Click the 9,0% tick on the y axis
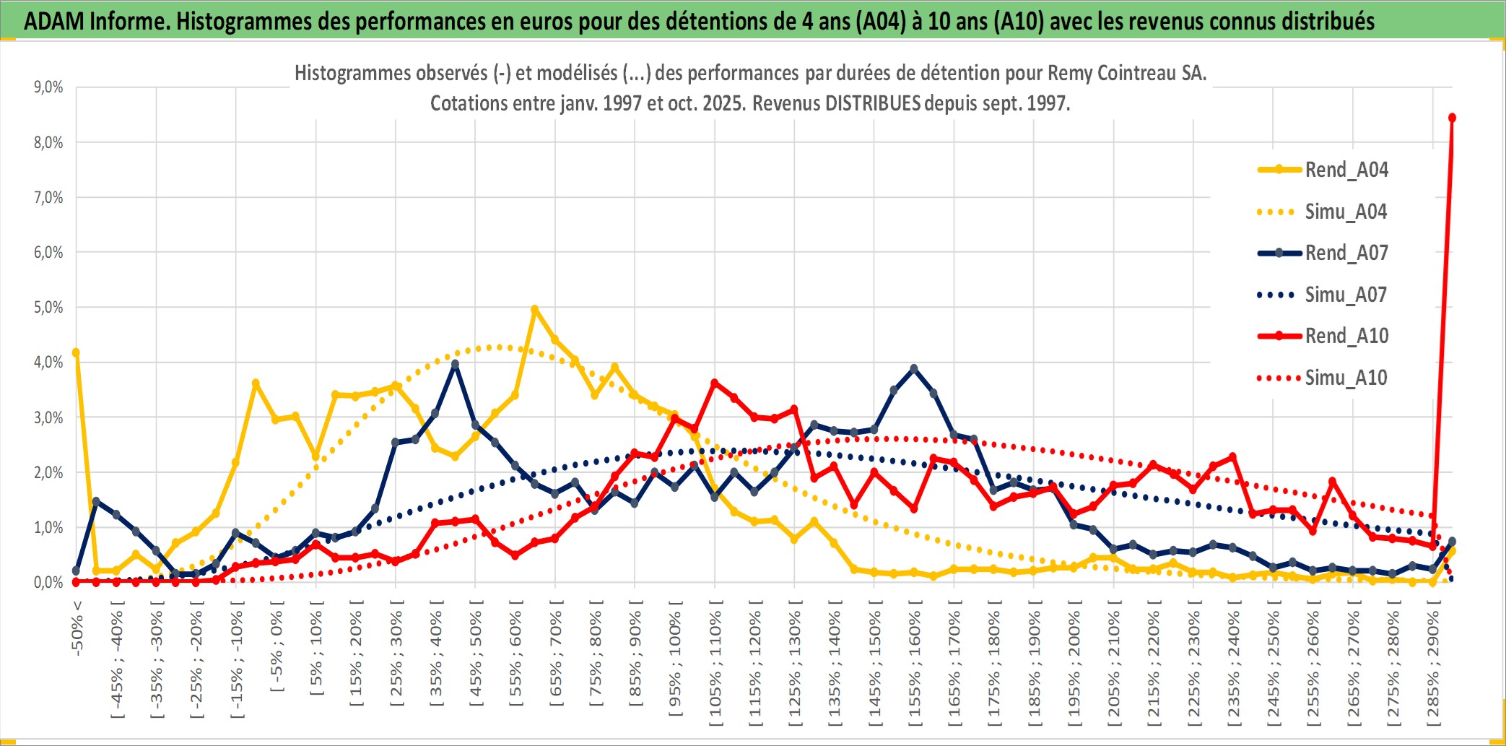pos(48,87)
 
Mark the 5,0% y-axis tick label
pos(48,308)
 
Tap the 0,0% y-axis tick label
pos(48,582)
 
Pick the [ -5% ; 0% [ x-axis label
pos(277,646)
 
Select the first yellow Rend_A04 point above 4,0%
pos(76,353)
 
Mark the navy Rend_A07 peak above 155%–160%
pos(914,368)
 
